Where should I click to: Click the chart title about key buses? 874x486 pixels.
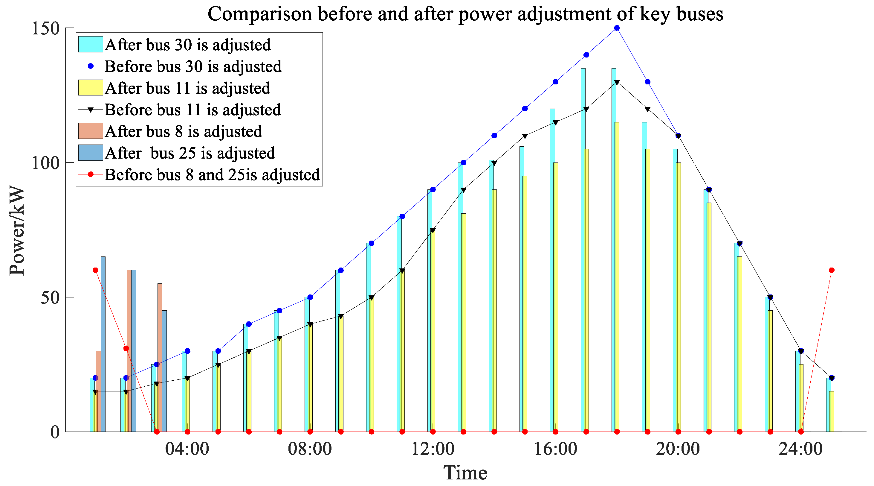click(x=465, y=14)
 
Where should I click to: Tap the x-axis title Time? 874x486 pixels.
click(x=465, y=473)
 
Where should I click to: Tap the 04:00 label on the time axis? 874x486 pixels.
click(x=187, y=449)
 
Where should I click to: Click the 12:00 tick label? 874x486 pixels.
click(x=433, y=449)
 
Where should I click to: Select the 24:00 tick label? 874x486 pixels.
click(x=801, y=449)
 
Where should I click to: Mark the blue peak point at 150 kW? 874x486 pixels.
click(x=617, y=28)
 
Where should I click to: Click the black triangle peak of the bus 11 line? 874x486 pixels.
click(x=617, y=82)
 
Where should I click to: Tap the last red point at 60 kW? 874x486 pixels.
click(x=832, y=270)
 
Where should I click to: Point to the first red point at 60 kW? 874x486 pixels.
click(x=95, y=270)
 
